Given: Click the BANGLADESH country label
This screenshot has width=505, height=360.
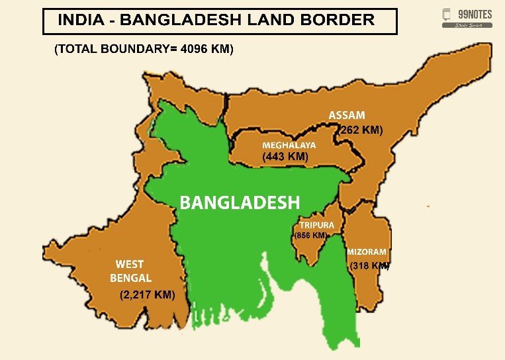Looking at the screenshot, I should click(240, 202).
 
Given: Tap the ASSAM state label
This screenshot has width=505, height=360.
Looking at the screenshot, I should click(346, 116).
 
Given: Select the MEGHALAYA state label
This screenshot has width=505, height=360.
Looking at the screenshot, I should click(289, 145).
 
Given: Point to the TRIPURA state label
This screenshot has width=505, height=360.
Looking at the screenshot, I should click(316, 225).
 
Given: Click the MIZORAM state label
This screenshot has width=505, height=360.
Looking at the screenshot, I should click(367, 252).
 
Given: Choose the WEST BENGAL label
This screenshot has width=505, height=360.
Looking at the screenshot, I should click(130, 271).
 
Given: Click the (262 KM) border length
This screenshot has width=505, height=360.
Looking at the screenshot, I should click(361, 130).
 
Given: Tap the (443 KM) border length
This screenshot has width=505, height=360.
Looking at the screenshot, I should click(285, 157).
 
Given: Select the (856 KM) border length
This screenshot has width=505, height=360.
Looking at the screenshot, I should click(310, 236).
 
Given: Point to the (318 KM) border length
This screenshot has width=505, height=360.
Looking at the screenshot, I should click(369, 266).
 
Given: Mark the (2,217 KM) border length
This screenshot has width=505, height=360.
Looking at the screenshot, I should click(147, 296).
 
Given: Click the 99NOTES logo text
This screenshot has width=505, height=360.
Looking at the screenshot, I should click(475, 15).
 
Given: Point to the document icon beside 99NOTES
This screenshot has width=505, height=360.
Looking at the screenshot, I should click(447, 15).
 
